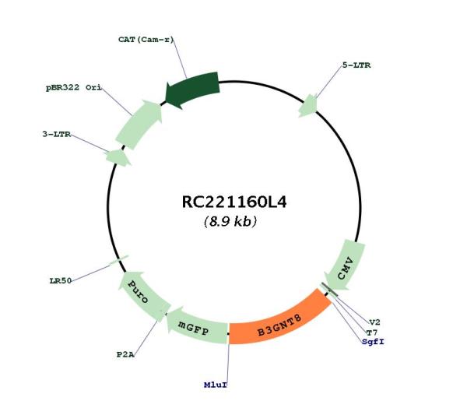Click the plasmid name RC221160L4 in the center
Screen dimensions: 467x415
click(234, 202)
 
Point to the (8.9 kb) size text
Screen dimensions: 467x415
click(230, 221)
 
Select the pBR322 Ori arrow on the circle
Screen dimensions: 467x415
click(139, 125)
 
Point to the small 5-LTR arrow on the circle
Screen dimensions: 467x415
click(308, 106)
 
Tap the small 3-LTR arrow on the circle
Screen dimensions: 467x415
click(118, 157)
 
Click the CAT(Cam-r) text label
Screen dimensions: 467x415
click(146, 40)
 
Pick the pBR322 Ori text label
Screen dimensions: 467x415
click(74, 87)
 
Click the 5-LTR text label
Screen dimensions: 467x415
click(356, 65)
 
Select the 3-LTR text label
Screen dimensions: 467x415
click(57, 134)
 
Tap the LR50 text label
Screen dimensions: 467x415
click(61, 280)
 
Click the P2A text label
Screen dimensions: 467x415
click(125, 355)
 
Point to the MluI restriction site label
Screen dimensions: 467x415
click(216, 385)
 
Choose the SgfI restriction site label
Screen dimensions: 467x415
click(373, 342)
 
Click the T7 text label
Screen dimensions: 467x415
click(372, 332)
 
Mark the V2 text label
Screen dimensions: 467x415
click(374, 322)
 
